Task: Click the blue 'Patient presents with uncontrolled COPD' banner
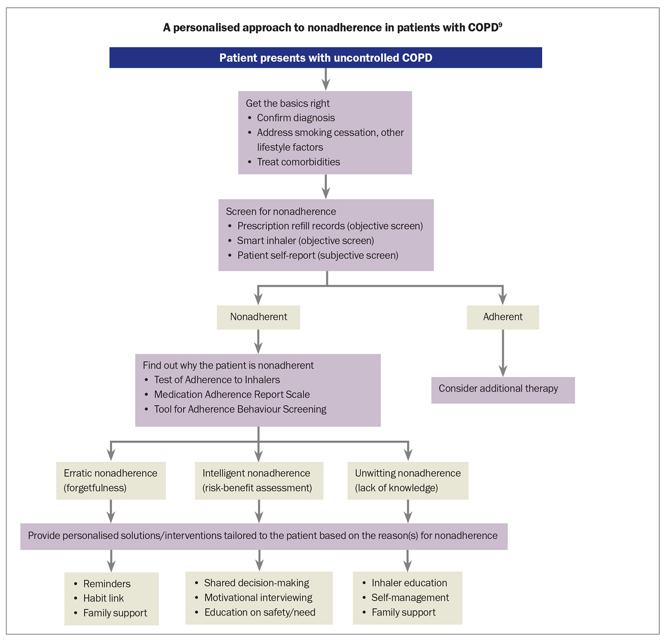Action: pos(325,58)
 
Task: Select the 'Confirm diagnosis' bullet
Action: pos(296,118)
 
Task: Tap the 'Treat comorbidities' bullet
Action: pos(298,162)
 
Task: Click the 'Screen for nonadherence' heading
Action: pos(281,211)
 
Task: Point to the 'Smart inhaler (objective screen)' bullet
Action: pos(305,241)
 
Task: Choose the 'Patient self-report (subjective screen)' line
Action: pos(317,255)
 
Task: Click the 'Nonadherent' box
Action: pos(258,317)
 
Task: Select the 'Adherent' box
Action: pos(503,317)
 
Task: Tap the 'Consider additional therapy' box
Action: pos(503,389)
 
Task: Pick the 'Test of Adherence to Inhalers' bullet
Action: pos(217,380)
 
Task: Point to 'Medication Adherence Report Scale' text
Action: pos(232,395)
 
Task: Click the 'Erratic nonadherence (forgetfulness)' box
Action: pos(111,481)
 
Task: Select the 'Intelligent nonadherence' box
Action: pos(259,481)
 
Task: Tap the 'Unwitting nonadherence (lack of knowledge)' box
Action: pos(408,481)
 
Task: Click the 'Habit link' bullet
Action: pos(103,598)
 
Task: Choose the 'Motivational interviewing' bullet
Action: pos(258,598)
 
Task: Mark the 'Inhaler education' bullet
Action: pos(409,583)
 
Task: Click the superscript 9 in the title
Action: pos(500,25)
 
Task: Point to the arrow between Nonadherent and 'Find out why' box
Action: pos(258,341)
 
